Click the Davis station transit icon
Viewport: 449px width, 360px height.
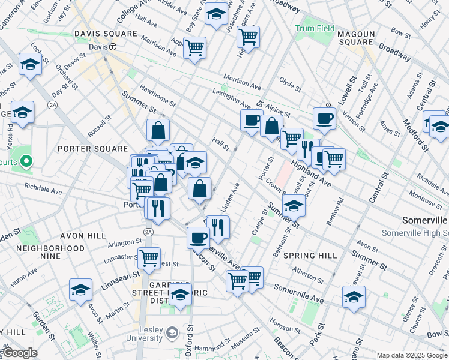point(112,47)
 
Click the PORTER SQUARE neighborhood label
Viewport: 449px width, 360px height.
point(92,149)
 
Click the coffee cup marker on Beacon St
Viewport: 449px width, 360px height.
point(197,237)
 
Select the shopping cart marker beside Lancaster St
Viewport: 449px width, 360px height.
point(149,258)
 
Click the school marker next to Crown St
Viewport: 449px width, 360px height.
point(294,206)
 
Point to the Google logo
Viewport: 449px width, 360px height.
point(20,353)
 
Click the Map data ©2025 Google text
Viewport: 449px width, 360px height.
point(411,355)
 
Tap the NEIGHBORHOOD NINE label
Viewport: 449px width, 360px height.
point(50,252)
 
